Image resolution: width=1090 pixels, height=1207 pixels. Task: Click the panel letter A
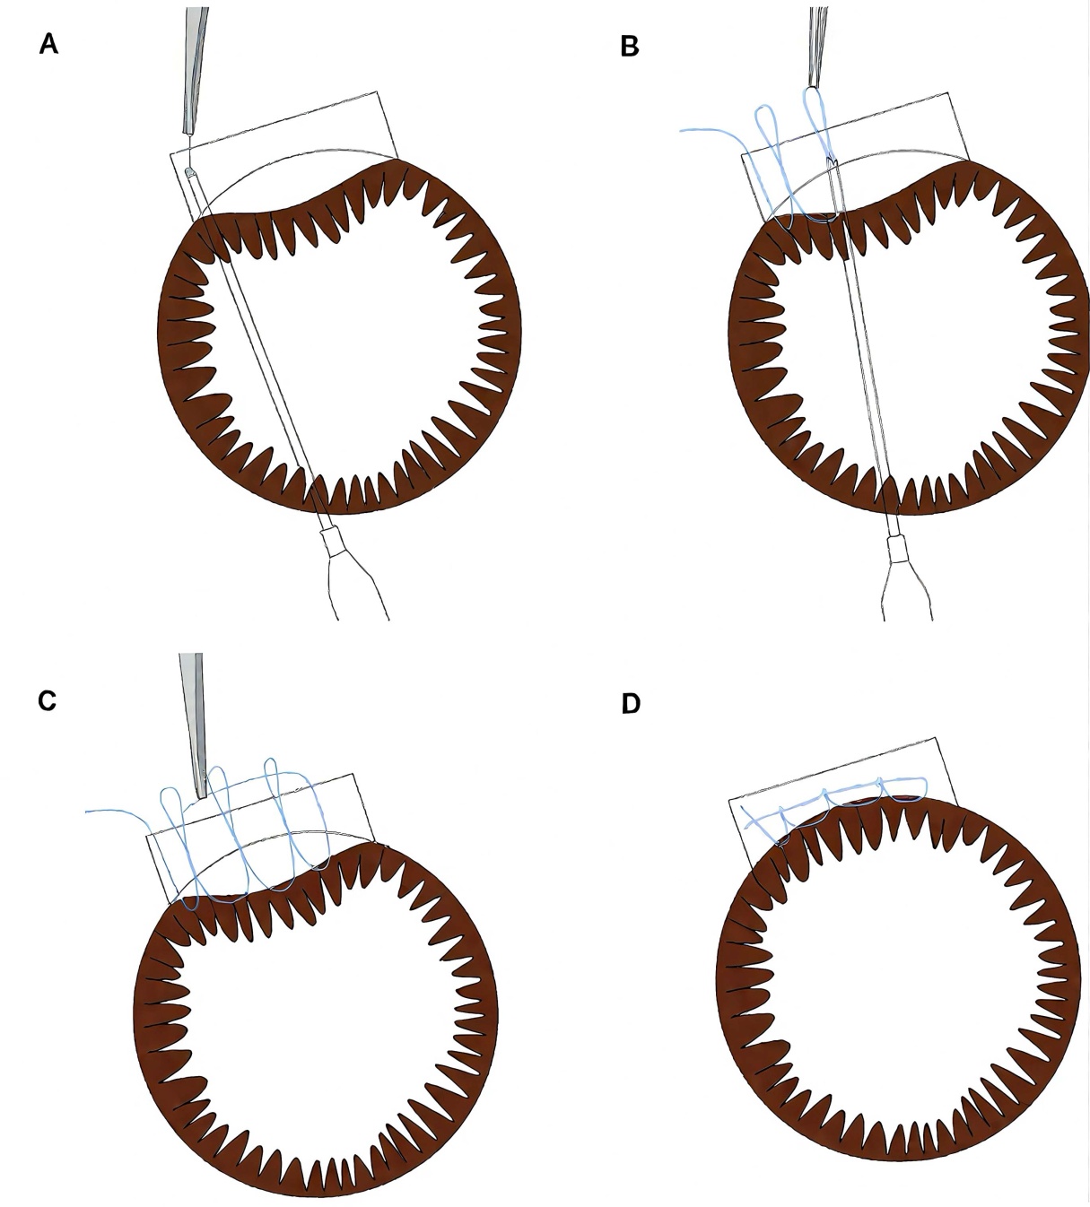[48, 44]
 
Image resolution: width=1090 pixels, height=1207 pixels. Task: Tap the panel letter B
[630, 47]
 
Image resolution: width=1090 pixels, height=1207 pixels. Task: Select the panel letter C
[48, 700]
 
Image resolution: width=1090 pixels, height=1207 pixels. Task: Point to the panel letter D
[631, 704]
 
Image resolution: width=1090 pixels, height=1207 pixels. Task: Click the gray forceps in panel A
[194, 72]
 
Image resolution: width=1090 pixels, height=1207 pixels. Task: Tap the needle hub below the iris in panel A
[334, 543]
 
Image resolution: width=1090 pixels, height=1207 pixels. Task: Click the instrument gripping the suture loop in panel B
[816, 45]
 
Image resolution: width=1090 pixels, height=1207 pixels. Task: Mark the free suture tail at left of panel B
[700, 131]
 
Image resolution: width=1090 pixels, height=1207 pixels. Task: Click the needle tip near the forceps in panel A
[189, 169]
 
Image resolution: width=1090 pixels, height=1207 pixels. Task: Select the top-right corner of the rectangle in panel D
[935, 739]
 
